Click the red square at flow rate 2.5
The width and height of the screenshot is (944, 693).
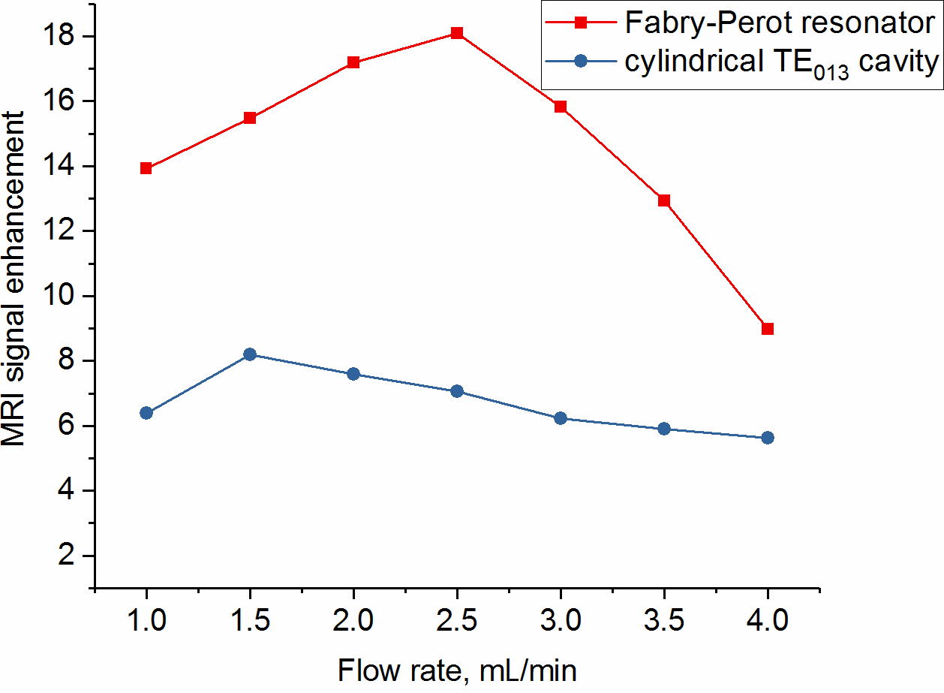point(456,33)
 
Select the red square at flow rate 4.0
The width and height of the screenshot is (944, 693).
point(767,328)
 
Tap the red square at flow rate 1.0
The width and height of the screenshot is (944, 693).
point(146,168)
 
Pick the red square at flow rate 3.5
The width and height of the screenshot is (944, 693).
point(663,200)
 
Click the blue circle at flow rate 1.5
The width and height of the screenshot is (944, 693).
point(250,354)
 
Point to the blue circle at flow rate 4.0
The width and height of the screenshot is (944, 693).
point(767,438)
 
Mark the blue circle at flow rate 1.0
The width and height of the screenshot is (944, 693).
point(146,413)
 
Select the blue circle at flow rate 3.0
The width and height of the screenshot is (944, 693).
point(560,418)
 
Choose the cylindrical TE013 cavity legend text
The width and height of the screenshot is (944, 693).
point(780,63)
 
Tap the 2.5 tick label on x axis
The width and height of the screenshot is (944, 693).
point(456,622)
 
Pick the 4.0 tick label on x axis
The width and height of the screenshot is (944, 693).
point(767,622)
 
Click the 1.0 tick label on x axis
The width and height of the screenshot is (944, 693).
point(146,622)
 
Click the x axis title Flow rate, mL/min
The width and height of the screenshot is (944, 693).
point(458,670)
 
